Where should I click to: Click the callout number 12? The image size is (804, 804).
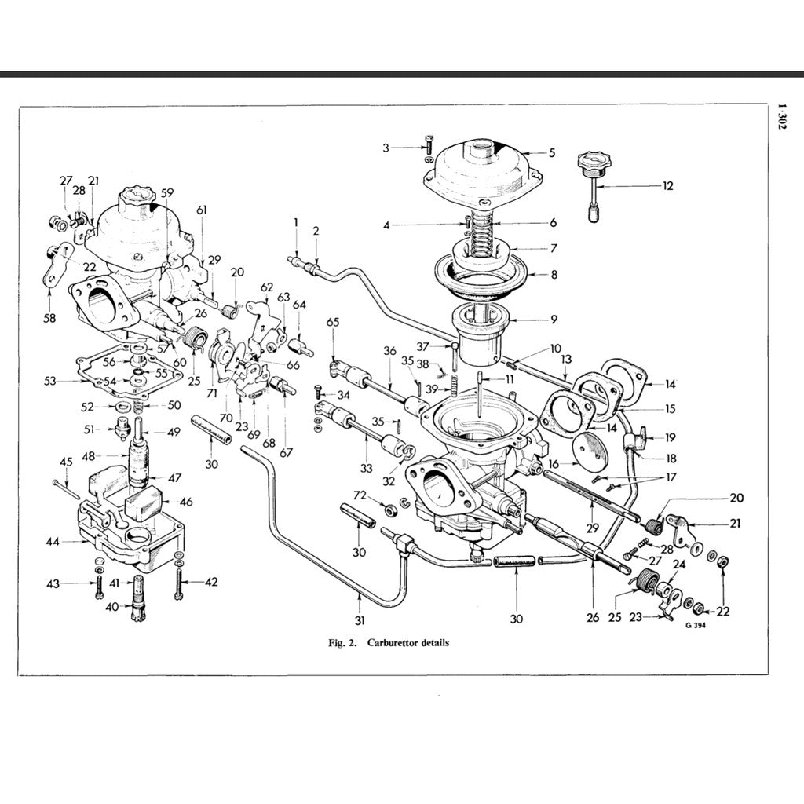coord(667,186)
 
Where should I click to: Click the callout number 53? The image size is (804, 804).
coord(49,381)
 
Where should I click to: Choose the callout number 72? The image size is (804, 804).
coord(360,496)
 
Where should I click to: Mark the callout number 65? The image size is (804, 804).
coord(333,323)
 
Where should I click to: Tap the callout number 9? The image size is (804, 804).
coord(554,320)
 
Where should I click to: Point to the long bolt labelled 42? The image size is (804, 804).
coord(181,581)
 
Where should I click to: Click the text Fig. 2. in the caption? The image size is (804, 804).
coord(342,642)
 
